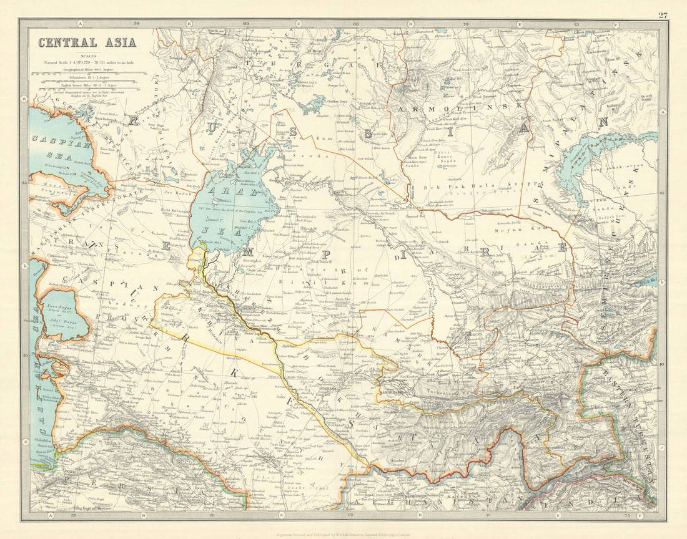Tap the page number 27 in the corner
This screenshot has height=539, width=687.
[x=663, y=14]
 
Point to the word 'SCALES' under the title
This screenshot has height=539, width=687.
[x=88, y=56]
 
